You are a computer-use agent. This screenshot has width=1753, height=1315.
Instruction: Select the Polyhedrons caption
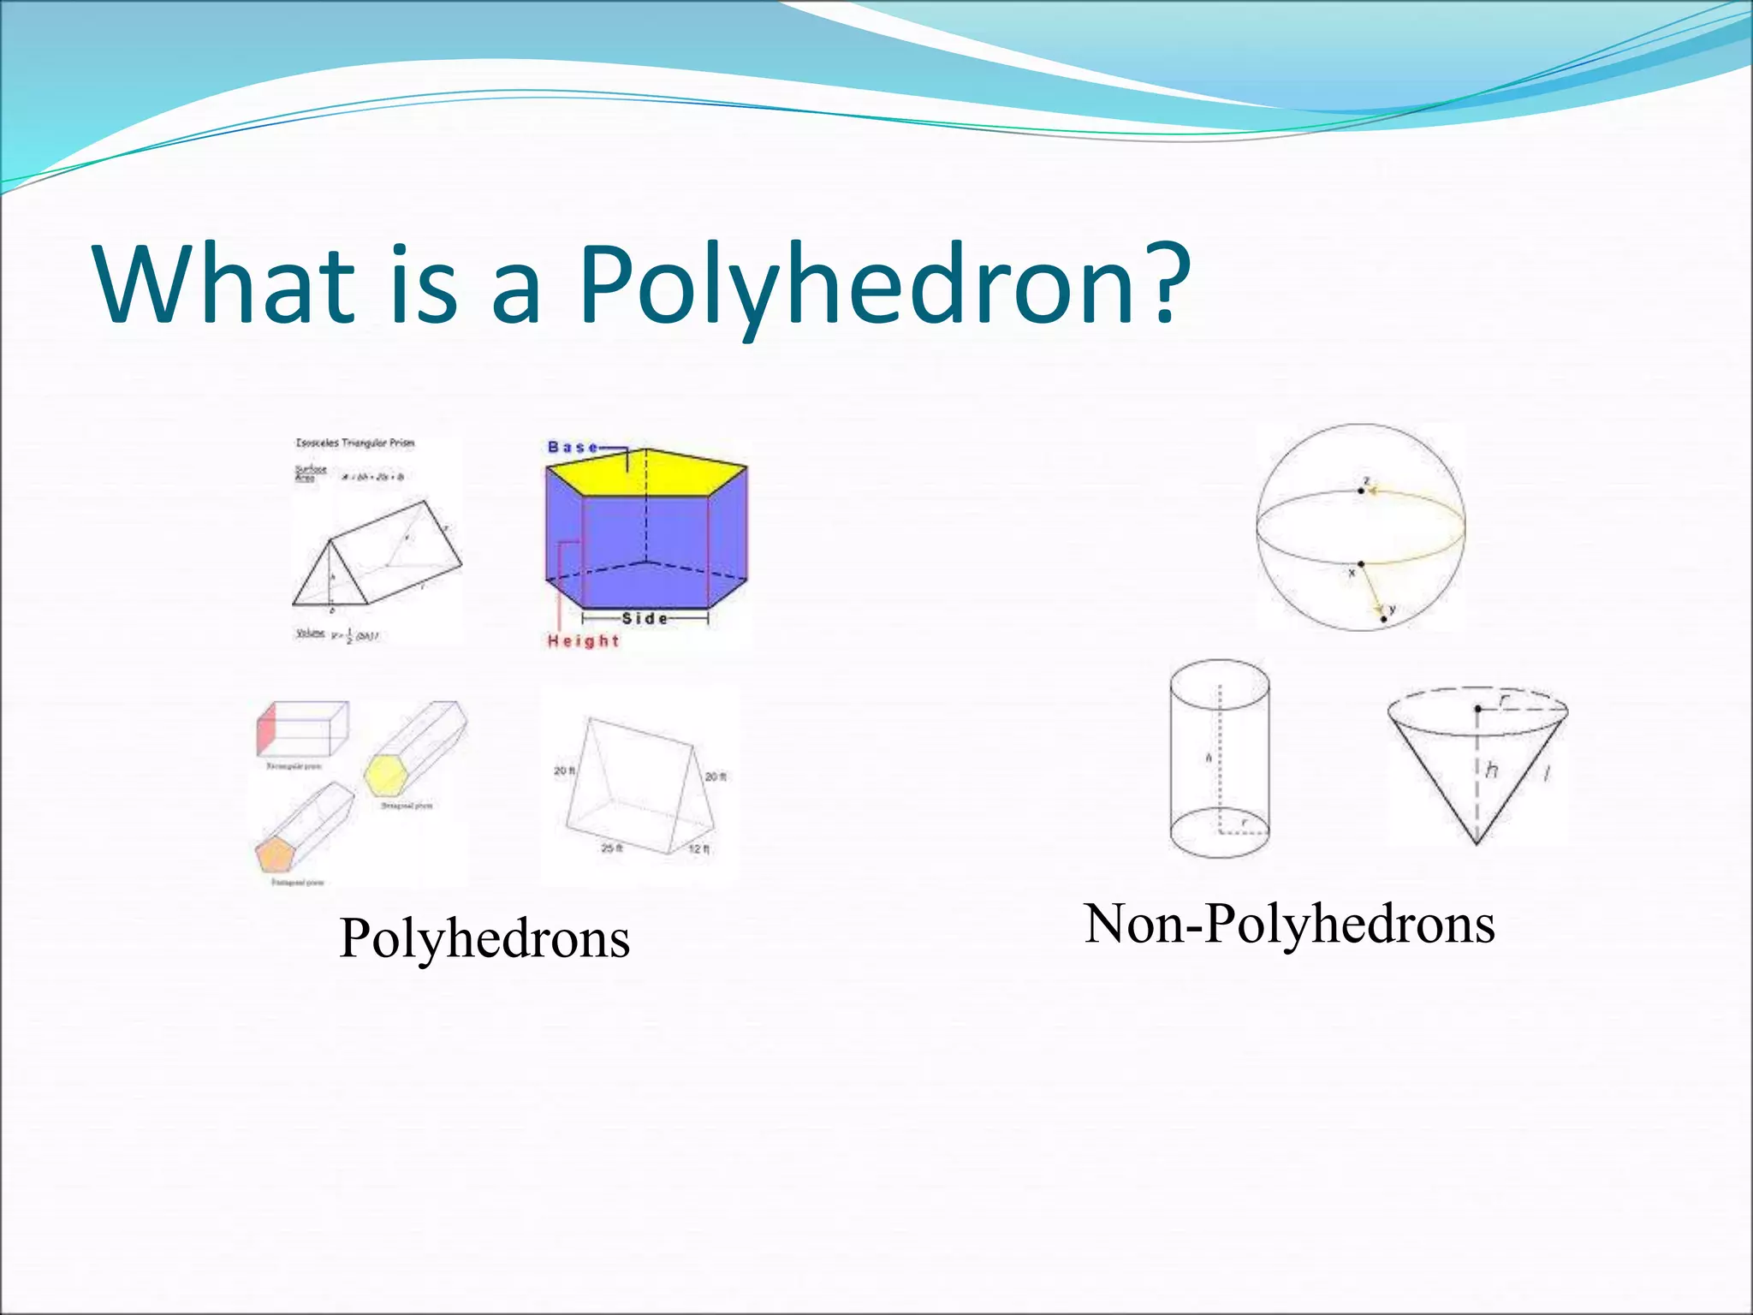[x=484, y=938]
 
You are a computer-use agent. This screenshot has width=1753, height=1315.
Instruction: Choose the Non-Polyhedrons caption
[x=1289, y=925]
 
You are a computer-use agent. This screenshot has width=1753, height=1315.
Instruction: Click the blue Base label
[x=573, y=447]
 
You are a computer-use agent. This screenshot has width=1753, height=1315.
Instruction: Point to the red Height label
[x=583, y=640]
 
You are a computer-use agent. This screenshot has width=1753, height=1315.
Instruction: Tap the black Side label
[x=645, y=618]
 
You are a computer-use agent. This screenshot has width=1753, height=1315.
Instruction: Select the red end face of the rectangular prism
[x=266, y=727]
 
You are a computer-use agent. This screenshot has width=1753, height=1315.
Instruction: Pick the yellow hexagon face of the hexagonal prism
[x=386, y=776]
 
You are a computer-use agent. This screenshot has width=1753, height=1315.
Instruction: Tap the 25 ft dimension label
[x=611, y=848]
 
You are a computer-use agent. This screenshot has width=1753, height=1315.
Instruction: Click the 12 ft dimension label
[x=698, y=849]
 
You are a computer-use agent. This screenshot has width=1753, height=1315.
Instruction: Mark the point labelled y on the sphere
[x=1384, y=618]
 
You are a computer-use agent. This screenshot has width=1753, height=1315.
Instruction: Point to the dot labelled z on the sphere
[x=1361, y=491]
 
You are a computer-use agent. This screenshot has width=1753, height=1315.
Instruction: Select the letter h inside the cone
[x=1492, y=771]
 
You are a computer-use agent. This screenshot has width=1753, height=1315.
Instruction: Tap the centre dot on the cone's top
[x=1478, y=709]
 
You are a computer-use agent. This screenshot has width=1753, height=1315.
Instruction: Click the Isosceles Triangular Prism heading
[x=354, y=443]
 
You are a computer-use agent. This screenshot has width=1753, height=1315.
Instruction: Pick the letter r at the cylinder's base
[x=1245, y=823]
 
